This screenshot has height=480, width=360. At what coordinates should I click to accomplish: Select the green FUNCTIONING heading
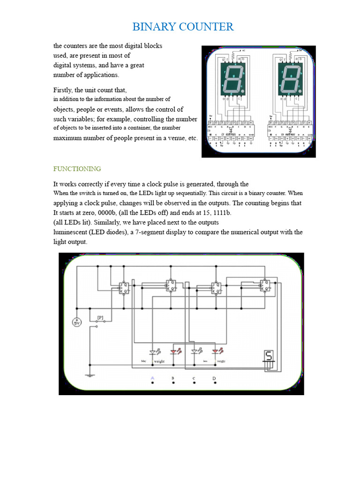(x=77, y=169)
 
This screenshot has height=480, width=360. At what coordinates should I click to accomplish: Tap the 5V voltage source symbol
(x=77, y=323)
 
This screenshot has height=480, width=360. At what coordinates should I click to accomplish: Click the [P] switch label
(x=100, y=317)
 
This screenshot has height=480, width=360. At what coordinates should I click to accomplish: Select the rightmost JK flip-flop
(x=265, y=286)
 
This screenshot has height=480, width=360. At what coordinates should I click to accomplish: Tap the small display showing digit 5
(x=269, y=357)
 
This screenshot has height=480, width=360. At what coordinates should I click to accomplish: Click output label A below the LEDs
(x=152, y=378)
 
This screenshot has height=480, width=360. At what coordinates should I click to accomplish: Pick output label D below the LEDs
(x=214, y=378)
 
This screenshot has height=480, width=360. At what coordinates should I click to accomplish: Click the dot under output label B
(x=173, y=383)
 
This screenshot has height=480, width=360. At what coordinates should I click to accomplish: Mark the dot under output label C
(x=194, y=383)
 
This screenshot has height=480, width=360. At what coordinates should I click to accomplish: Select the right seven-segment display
(x=290, y=79)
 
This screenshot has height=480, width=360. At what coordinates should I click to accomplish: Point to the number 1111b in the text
(x=219, y=212)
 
